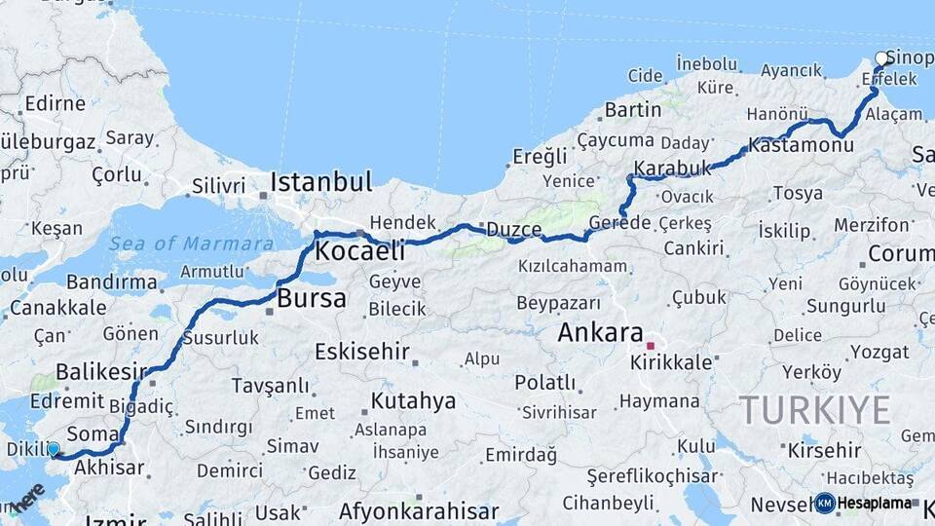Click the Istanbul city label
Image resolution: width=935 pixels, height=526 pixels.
(x=321, y=182)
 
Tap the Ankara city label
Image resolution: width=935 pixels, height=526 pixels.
(x=600, y=333)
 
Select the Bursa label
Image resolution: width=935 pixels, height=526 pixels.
(x=312, y=299)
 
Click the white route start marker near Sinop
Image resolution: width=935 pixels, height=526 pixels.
(x=881, y=58)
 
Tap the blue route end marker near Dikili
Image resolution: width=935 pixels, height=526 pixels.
(x=53, y=449)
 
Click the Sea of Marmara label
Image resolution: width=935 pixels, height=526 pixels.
(x=191, y=244)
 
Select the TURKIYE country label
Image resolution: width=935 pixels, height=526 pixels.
(x=814, y=410)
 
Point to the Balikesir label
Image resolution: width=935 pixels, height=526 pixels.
(x=101, y=371)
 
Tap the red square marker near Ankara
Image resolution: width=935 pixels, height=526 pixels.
(x=650, y=345)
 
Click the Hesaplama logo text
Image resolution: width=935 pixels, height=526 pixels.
(x=875, y=504)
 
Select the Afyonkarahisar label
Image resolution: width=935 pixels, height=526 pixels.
(x=419, y=511)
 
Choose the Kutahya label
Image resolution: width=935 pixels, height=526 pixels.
(x=414, y=400)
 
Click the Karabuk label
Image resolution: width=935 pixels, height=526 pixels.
(x=673, y=168)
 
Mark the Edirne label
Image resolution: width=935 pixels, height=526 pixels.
(x=55, y=103)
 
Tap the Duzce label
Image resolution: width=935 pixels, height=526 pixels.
(x=513, y=230)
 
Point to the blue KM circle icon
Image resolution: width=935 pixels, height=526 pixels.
(x=824, y=504)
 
